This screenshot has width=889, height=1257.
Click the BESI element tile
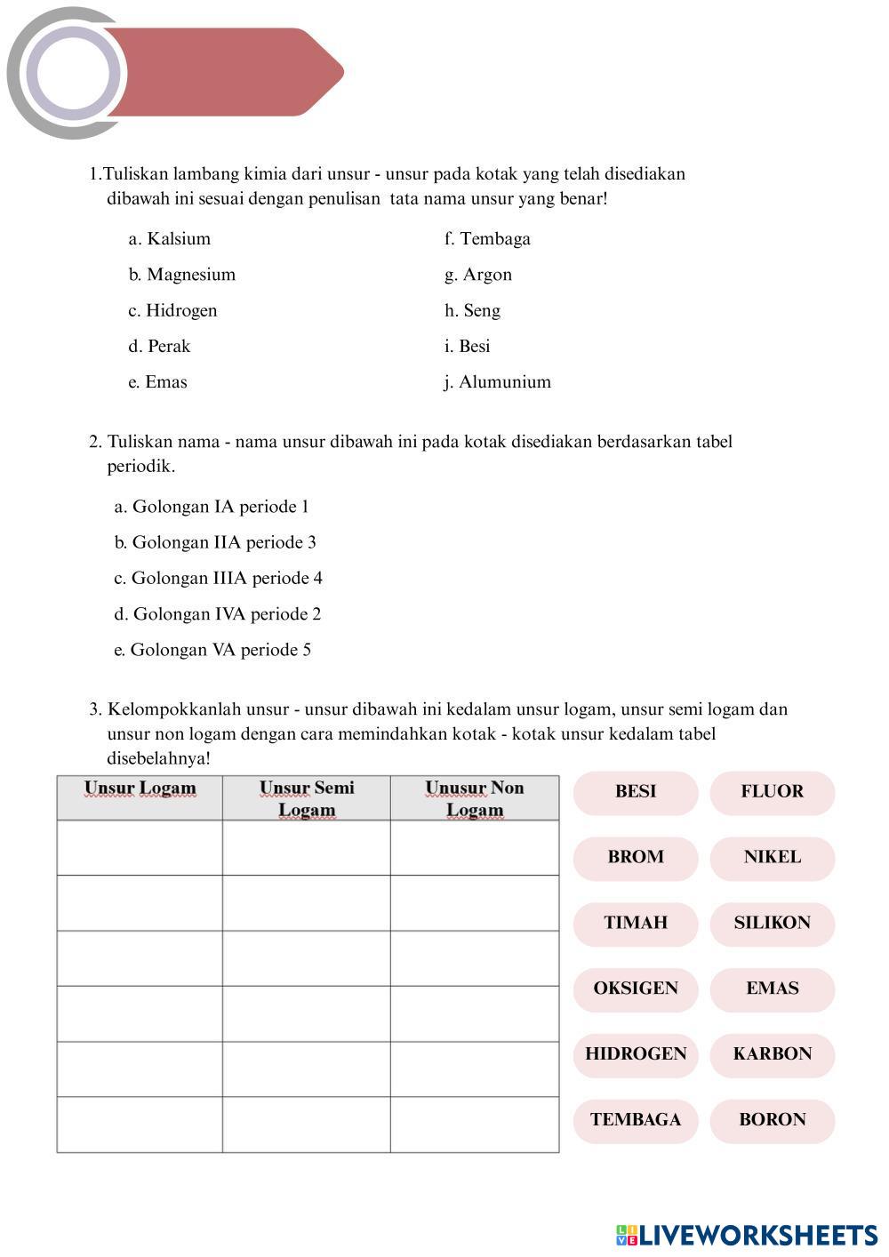635,792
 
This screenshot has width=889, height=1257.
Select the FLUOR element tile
772,792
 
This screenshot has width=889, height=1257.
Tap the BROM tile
635,858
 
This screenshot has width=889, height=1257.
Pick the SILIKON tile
772,924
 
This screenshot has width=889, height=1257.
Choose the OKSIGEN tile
635,989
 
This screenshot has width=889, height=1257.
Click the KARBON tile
772,1055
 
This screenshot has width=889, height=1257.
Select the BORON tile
772,1120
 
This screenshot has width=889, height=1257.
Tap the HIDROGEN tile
635,1055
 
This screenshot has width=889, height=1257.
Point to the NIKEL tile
772,858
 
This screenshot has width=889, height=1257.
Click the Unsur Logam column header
140,789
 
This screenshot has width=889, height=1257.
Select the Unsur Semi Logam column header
307,798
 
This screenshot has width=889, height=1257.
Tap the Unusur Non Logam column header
475,798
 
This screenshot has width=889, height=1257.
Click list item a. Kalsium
170,239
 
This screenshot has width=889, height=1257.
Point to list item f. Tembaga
487,239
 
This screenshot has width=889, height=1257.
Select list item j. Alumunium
498,382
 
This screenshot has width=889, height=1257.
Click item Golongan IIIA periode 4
219,579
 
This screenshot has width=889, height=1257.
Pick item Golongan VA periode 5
212,651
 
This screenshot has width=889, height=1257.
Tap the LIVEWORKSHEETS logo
747,1235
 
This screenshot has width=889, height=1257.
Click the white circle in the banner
73,73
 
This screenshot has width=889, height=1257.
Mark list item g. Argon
478,275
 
